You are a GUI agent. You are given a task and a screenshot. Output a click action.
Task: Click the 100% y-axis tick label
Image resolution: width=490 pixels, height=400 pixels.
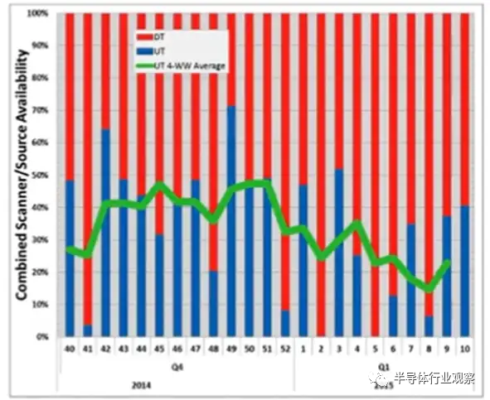(x=36, y=13)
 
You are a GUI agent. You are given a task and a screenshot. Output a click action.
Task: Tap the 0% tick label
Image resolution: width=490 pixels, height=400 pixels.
(x=41, y=337)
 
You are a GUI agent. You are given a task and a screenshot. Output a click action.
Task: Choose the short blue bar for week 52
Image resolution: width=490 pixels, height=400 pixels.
(x=285, y=323)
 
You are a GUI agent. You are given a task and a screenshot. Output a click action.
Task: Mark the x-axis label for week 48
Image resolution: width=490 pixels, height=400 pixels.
(x=213, y=349)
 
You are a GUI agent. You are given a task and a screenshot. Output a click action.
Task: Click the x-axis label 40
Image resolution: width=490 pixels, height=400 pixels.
(x=70, y=349)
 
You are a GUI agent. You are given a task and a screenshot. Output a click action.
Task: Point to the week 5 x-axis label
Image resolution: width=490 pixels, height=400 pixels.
(x=375, y=349)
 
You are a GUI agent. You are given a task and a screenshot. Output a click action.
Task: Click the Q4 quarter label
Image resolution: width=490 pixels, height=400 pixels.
(x=177, y=362)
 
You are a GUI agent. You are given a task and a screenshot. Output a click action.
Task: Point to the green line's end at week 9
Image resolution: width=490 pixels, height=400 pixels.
(x=448, y=262)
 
